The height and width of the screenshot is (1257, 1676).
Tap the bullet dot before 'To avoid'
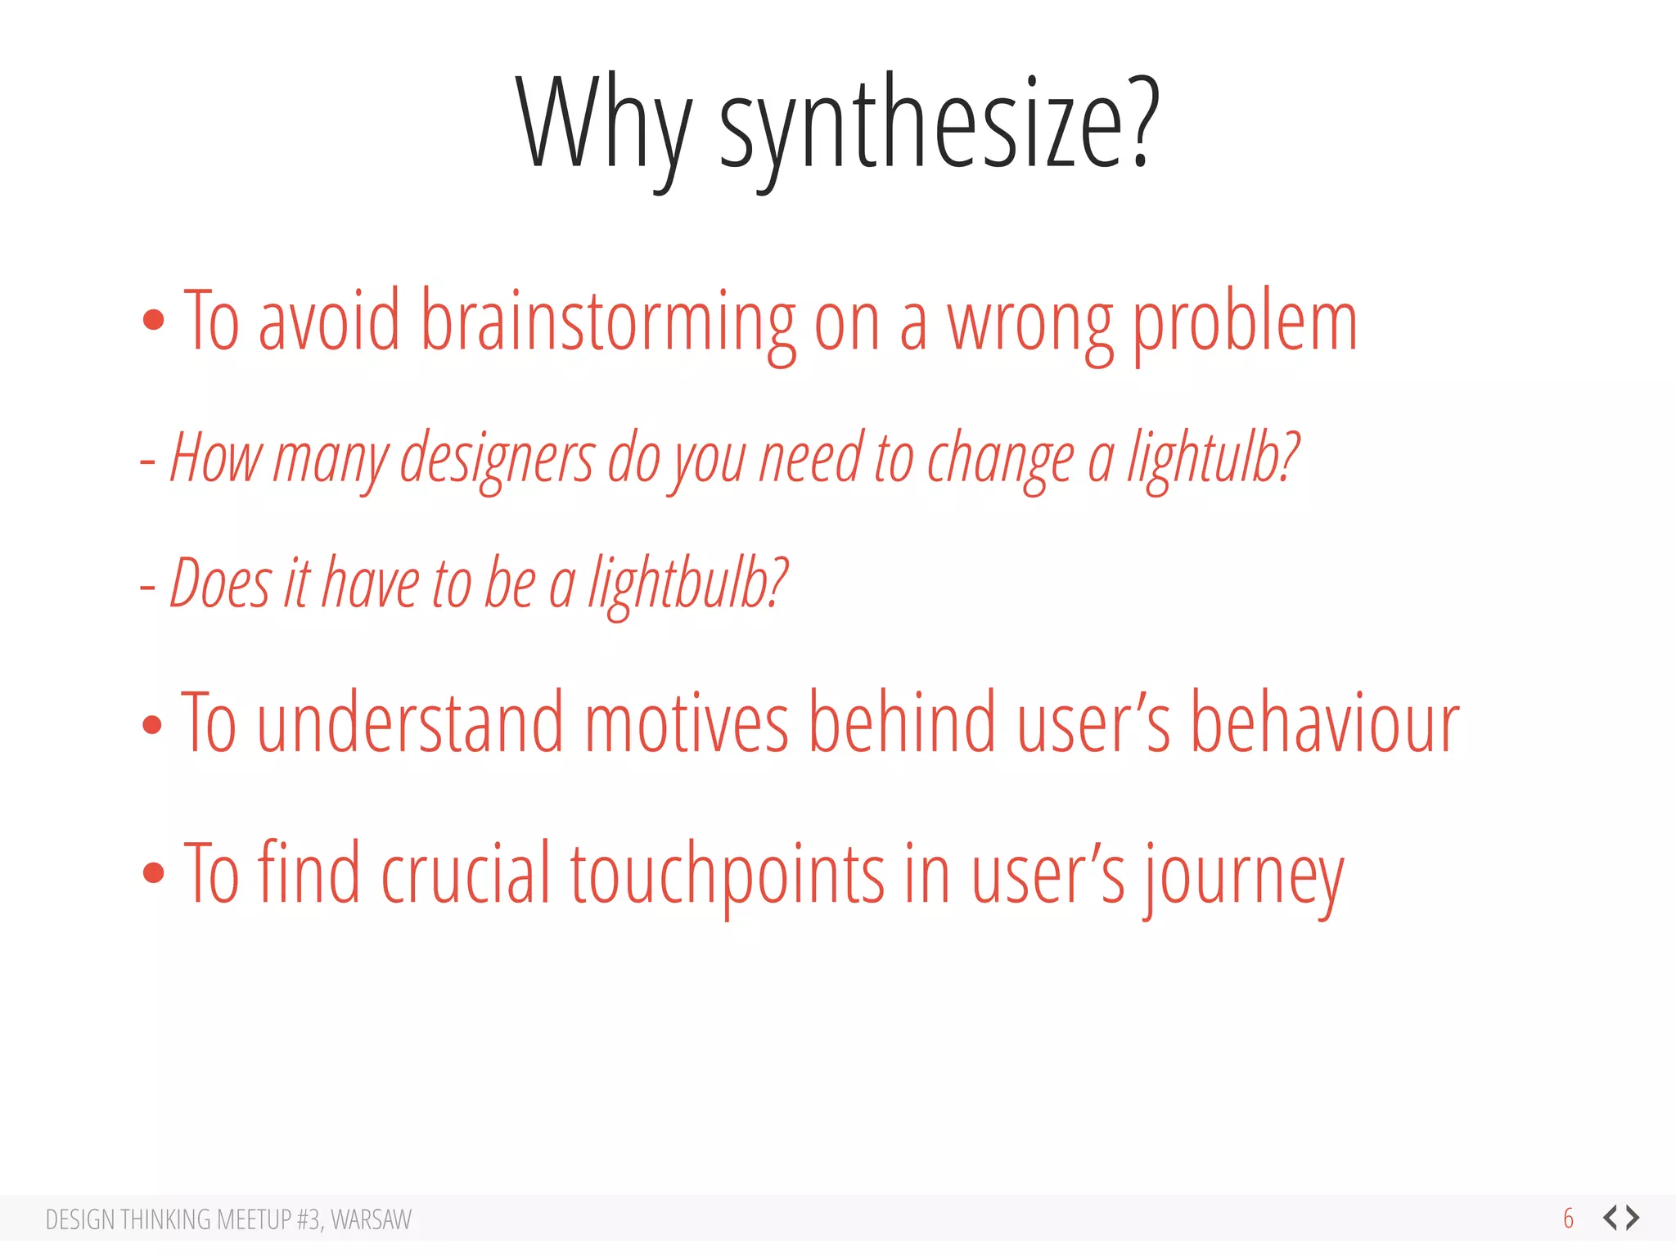(153, 320)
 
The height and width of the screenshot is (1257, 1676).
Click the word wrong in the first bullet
(1029, 323)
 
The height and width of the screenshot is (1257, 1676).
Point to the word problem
(1244, 323)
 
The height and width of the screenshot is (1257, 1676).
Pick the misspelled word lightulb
(1213, 458)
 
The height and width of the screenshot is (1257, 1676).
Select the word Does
(219, 583)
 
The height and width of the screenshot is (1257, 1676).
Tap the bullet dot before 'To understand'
(152, 724)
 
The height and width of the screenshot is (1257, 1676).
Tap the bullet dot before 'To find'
(153, 872)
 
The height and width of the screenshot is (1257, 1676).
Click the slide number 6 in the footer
(1568, 1219)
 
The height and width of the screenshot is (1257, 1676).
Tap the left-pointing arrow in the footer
(1610, 1218)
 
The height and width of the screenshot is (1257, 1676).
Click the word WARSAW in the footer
(371, 1219)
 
